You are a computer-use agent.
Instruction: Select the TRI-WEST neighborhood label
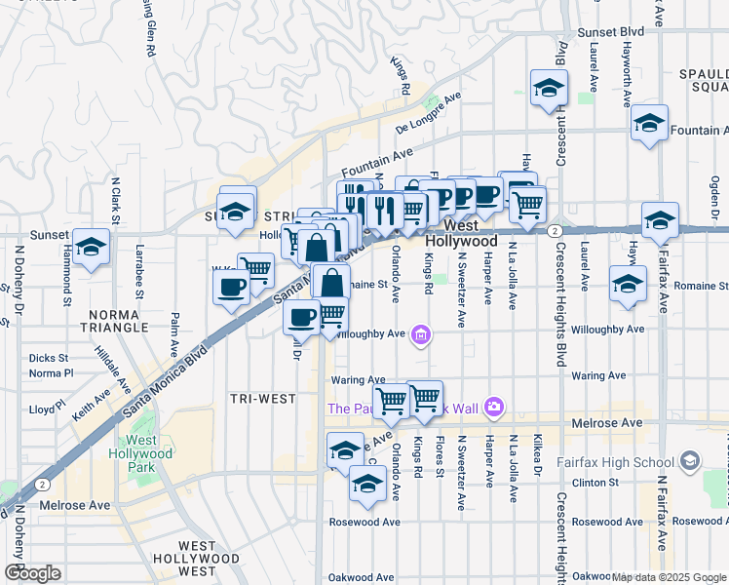(x=254, y=399)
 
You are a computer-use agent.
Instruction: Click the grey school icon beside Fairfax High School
(x=690, y=460)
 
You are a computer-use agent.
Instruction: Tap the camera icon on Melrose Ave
(x=494, y=406)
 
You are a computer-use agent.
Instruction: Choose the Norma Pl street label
(x=51, y=372)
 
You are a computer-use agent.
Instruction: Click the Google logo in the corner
(x=32, y=572)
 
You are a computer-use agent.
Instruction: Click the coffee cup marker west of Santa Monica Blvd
(x=232, y=286)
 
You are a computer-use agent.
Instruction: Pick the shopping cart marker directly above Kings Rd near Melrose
(x=425, y=398)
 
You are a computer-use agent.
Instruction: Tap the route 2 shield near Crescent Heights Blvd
(x=554, y=230)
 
